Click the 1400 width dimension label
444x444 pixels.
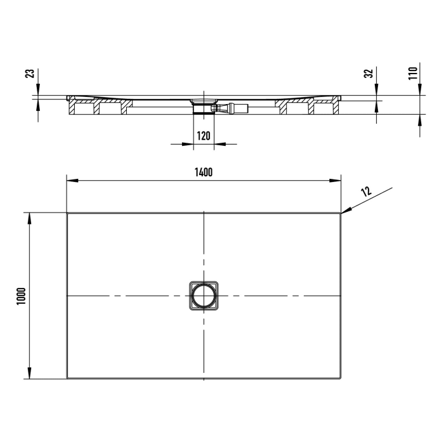tap(204, 173)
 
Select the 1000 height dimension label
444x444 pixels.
tap(21, 296)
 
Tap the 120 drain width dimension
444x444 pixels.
tap(204, 135)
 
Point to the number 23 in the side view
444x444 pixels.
tap(29, 74)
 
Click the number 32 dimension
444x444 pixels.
tap(368, 74)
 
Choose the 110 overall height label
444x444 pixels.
tap(412, 73)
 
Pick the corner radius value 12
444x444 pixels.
tap(367, 191)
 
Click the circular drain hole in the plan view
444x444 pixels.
tap(204, 296)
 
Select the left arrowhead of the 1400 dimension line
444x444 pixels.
tap(72, 181)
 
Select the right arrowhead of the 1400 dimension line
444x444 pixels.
tap(336, 181)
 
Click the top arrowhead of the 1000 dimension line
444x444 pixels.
tap(29, 218)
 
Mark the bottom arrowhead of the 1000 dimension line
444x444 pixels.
tap(29, 374)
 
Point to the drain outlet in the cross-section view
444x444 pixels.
tap(204, 103)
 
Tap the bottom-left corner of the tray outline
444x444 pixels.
tap(68, 379)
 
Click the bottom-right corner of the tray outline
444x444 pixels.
tap(341, 379)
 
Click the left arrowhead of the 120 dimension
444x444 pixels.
tap(188, 144)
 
